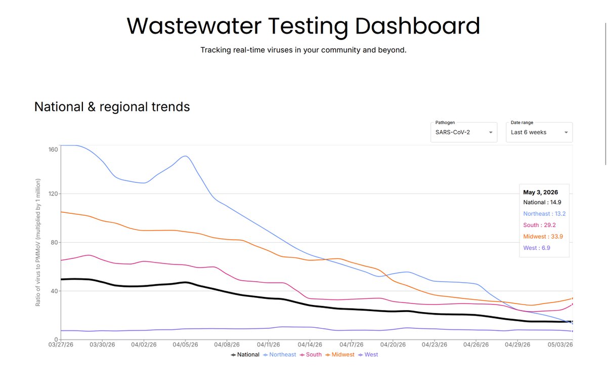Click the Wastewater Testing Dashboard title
coord(303,26)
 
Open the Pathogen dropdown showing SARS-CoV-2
coord(464,132)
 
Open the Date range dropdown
coord(539,132)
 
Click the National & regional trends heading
coord(112,107)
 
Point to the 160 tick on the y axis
coord(53,149)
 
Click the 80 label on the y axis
coord(54,242)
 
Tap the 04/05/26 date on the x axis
coord(185,345)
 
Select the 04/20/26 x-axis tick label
coord(393,345)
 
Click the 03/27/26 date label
coord(61,345)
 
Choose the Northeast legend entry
coord(280,355)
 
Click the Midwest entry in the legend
coord(340,355)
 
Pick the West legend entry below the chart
coord(368,355)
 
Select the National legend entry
coord(245,355)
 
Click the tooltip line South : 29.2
coord(539,225)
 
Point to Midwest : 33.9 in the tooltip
coord(543,237)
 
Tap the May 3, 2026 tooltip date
coord(541,193)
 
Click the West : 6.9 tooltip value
coord(537,248)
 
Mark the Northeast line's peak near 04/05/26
coord(185,156)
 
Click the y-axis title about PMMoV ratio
coord(38,242)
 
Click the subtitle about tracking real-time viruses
coord(303,50)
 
